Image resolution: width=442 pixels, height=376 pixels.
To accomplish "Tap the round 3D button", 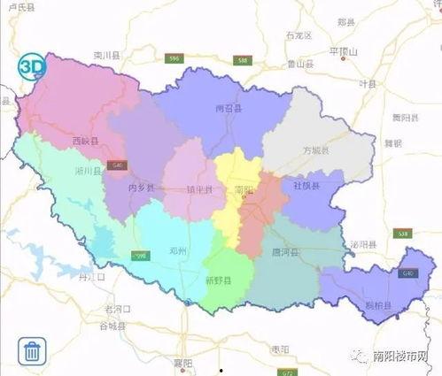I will coord(32,66).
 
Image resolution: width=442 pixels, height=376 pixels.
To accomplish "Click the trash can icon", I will coord(32,350).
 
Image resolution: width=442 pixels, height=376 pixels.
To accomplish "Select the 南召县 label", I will coord(228,108).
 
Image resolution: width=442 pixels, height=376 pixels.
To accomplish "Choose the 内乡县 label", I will coord(141,188).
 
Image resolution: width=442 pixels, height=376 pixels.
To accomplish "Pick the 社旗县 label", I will coord(293,187).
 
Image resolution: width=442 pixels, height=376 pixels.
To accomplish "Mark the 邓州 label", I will coord(180,250).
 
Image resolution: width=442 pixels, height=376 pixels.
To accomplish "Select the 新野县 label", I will coord(218,280).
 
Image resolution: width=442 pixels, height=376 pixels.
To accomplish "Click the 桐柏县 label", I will coord(378,305).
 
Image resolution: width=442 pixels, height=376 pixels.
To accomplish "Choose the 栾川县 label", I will coord(105,55).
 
